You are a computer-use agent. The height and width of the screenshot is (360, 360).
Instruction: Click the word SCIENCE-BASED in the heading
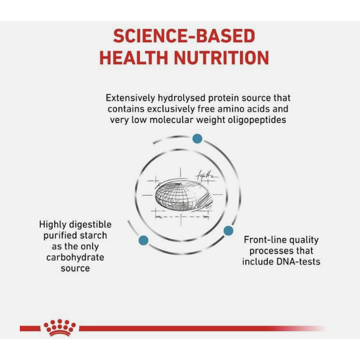pos(184,36)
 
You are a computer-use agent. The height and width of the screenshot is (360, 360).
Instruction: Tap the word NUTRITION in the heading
pos(222,57)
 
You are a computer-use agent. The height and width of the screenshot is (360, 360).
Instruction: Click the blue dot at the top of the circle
pos(197,139)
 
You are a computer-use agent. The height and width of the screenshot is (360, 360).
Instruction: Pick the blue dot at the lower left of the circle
pos(143,241)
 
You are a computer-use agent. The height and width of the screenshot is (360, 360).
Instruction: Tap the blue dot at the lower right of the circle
pos(228,231)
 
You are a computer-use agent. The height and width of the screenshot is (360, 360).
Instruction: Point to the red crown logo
pos(59,328)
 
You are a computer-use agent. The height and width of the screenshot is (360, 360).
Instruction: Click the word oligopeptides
pos(257,120)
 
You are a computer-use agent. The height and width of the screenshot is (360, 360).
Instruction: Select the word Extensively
pos(130,98)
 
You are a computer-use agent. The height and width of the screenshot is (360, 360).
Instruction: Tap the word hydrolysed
pos(182,98)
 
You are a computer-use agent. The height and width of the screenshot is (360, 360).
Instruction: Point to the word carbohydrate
pos(75,257)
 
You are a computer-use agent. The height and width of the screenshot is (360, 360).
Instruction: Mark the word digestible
pos(90,224)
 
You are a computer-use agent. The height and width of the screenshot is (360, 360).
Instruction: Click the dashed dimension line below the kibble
pos(182,217)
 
